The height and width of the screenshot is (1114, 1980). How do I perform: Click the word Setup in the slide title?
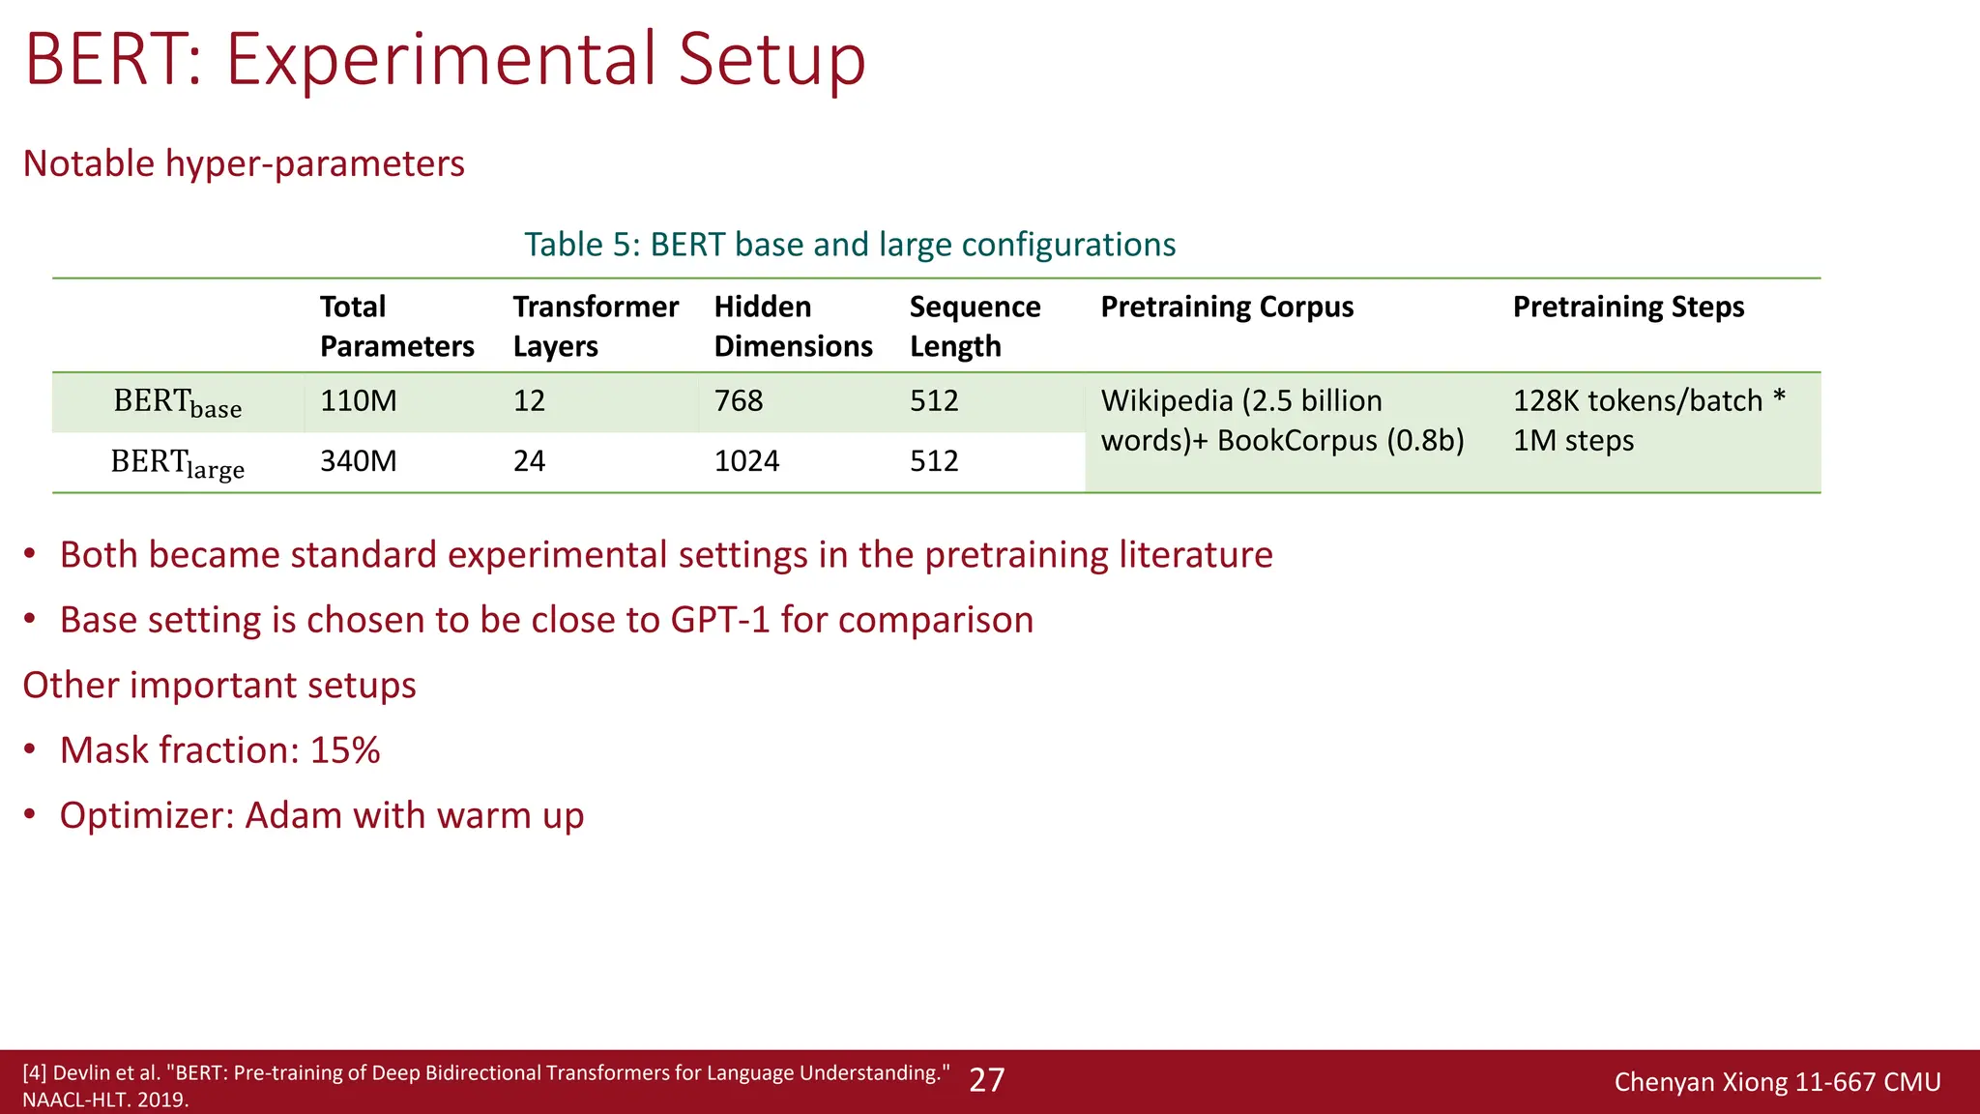coord(771,60)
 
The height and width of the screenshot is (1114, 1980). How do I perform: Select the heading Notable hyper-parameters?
coord(244,163)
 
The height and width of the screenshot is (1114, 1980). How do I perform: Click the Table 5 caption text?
coord(849,245)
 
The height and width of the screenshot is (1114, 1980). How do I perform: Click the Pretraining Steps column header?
coord(1628,307)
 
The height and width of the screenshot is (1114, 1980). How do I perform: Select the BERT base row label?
coord(177,402)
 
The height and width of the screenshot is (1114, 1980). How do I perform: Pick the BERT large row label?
coord(177,463)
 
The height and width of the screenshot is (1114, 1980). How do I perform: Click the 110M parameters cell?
coord(359,400)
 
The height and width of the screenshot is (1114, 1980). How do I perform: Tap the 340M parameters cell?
coord(359,461)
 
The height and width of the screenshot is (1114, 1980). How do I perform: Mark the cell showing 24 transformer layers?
coord(529,461)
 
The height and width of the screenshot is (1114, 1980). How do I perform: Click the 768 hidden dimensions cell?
coord(739,400)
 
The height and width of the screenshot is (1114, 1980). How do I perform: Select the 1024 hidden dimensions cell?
coord(746,461)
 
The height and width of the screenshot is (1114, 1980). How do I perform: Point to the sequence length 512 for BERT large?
coord(934,461)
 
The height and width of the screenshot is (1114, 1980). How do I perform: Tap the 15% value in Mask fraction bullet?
coord(345,750)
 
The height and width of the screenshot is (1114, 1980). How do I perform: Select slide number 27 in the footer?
coord(986,1080)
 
